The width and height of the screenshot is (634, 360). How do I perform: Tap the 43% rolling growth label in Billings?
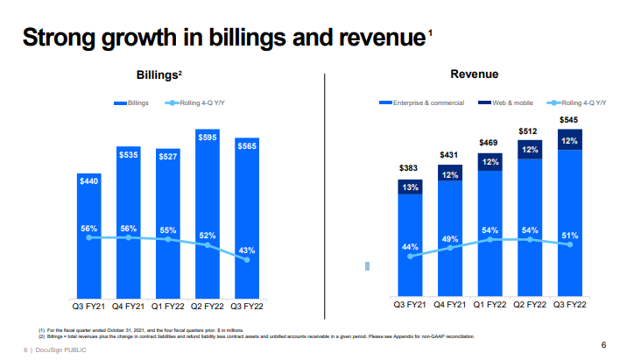point(247,251)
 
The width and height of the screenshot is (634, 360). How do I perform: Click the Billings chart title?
point(158,76)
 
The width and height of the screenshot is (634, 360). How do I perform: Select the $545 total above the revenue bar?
point(569,119)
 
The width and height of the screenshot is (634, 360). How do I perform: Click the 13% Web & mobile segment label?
point(409,187)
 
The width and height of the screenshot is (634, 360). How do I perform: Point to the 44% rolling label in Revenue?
point(409,246)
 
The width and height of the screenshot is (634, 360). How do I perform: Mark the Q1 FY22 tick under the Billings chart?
point(168,306)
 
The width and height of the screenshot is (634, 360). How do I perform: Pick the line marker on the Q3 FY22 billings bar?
point(246,260)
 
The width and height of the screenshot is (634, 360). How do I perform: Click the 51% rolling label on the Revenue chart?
point(569,235)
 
